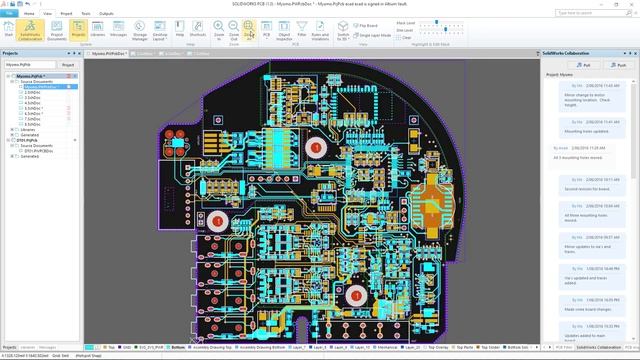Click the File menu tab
coord(9,14)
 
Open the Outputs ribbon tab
coord(106,14)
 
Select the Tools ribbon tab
coord(86,14)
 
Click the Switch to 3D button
coord(342,29)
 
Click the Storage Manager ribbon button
coord(140,29)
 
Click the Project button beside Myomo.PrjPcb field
coord(68,64)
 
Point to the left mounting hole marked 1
coord(217,219)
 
